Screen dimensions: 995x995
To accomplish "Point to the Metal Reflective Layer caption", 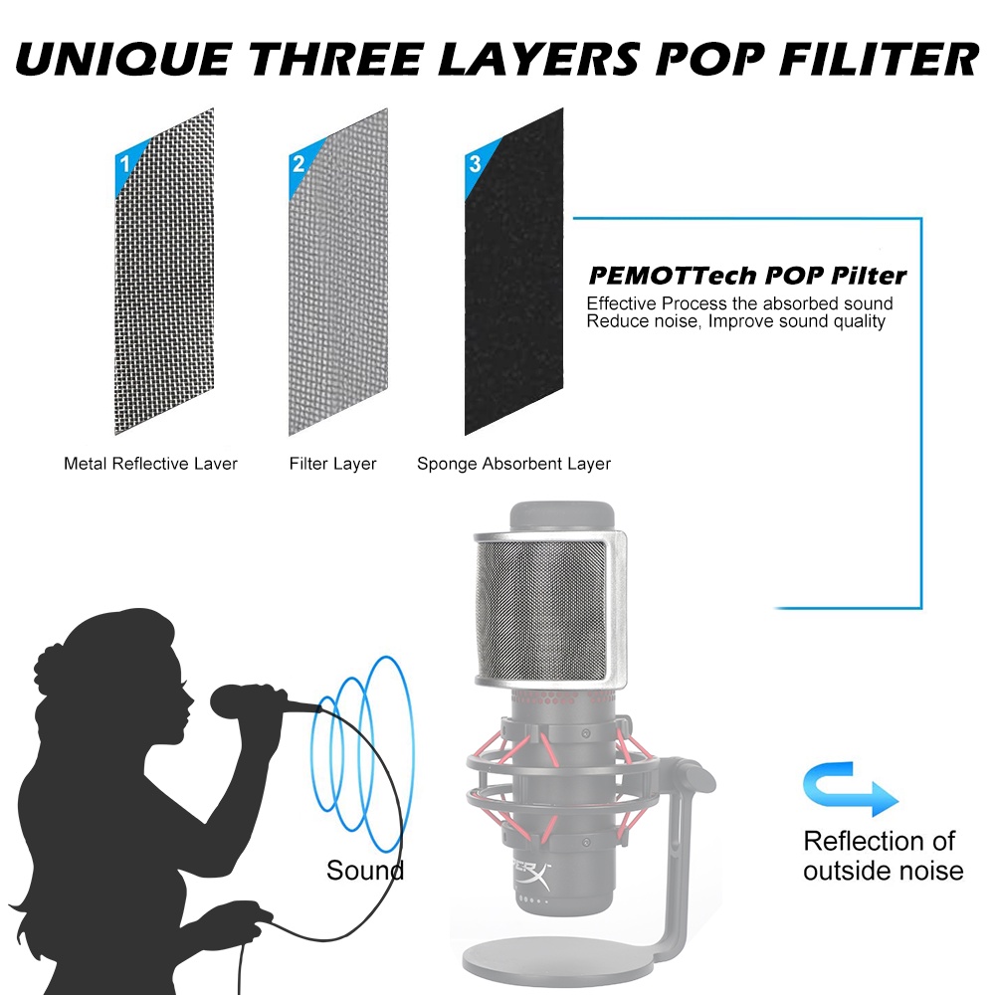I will click(150, 464).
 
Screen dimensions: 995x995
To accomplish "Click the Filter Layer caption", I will click(332, 464).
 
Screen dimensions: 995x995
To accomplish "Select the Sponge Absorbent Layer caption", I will click(513, 464).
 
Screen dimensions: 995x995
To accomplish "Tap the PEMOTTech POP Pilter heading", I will click(747, 276).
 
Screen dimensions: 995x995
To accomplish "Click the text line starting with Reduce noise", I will click(735, 321).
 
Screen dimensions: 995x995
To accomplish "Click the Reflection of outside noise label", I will click(883, 856).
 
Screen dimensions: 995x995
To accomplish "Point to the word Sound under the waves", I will click(365, 871).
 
